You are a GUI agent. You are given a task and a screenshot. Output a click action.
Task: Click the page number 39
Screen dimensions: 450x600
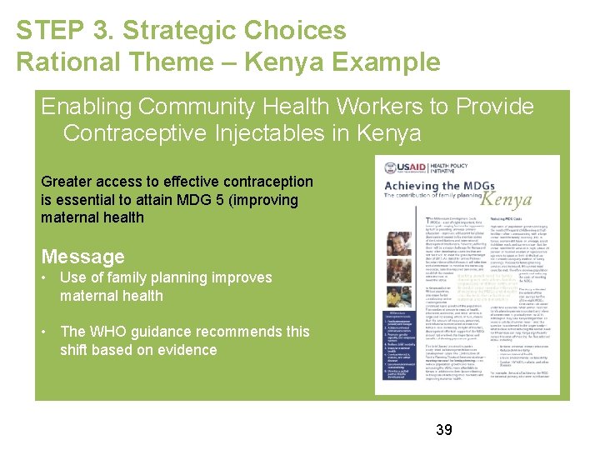(444, 430)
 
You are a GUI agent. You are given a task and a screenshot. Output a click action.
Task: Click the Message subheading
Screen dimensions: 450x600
(82, 257)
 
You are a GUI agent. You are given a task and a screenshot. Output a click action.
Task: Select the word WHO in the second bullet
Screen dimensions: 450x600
(118, 332)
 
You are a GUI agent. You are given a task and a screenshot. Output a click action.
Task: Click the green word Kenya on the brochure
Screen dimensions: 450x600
(506, 201)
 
